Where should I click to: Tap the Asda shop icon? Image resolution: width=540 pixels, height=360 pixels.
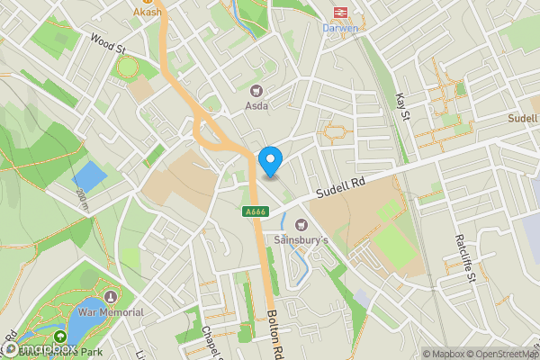(x=256, y=90)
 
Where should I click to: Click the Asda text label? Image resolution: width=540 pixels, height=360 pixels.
(x=256, y=105)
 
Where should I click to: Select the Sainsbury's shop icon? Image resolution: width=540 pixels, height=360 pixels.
(x=301, y=224)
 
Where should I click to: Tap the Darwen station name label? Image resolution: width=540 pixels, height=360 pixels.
(x=340, y=27)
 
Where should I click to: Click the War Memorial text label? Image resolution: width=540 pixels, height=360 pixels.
(x=111, y=312)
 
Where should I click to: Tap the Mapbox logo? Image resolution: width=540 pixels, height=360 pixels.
(x=40, y=348)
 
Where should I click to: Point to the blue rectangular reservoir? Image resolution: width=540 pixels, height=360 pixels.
(x=87, y=176)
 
